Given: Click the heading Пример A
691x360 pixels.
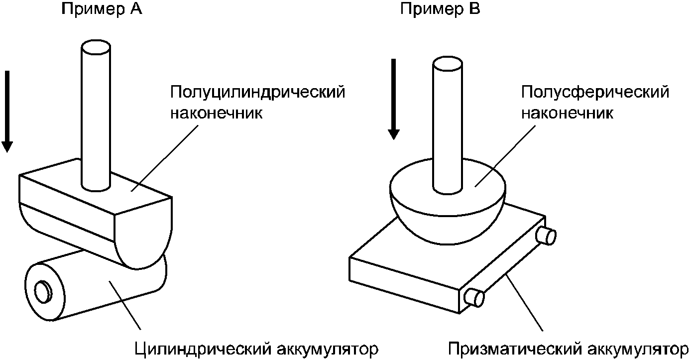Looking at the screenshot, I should point(102,9).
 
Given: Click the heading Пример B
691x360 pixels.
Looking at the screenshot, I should point(441,9).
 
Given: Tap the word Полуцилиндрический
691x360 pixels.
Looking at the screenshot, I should point(257,93).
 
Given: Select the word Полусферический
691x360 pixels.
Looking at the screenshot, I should point(594,93).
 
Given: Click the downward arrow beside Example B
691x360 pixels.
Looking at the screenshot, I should point(394,100).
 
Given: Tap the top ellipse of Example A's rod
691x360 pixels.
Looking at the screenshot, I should point(95,49).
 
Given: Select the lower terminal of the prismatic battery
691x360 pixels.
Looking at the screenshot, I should point(474,297).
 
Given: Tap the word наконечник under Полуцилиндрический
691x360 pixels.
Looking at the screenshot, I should point(217,114).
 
